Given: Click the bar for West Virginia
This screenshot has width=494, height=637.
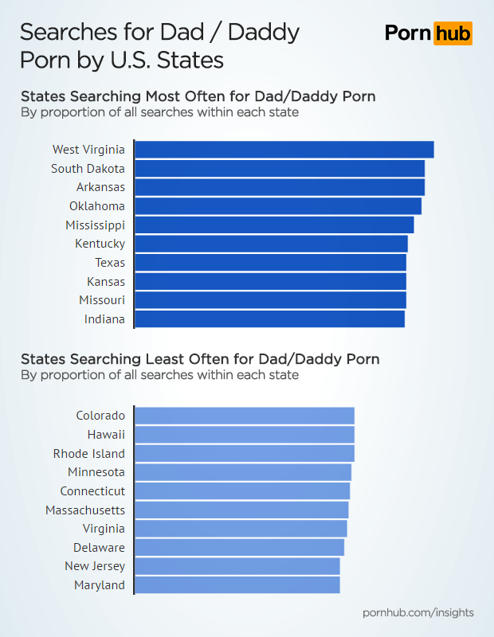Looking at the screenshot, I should (x=284, y=150).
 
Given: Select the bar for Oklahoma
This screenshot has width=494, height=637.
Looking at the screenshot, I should (x=277, y=206).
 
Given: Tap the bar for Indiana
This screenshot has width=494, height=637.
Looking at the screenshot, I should (x=269, y=319).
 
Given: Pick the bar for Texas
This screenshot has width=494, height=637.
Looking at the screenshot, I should (x=270, y=263).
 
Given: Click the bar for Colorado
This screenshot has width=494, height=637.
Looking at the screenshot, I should (x=244, y=416).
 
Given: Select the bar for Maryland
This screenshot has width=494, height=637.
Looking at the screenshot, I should (x=237, y=585).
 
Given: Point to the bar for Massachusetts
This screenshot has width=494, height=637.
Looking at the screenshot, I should (x=241, y=510).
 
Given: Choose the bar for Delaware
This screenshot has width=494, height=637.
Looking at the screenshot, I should (x=239, y=548).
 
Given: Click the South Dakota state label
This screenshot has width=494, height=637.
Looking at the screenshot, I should (x=88, y=169).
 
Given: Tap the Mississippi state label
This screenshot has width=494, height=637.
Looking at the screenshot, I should (x=96, y=225).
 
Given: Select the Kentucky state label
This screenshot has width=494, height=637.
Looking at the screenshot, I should (x=100, y=244).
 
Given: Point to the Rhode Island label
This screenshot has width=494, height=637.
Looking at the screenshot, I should (x=88, y=454).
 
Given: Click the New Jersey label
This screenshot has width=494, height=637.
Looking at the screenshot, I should (x=95, y=566).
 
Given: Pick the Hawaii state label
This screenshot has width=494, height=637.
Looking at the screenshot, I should (x=106, y=435).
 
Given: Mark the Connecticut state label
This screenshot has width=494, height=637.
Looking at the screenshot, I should (x=92, y=491).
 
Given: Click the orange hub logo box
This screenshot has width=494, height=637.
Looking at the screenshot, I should (x=453, y=33).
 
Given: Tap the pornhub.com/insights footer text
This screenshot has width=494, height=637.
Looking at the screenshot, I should (x=418, y=612).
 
